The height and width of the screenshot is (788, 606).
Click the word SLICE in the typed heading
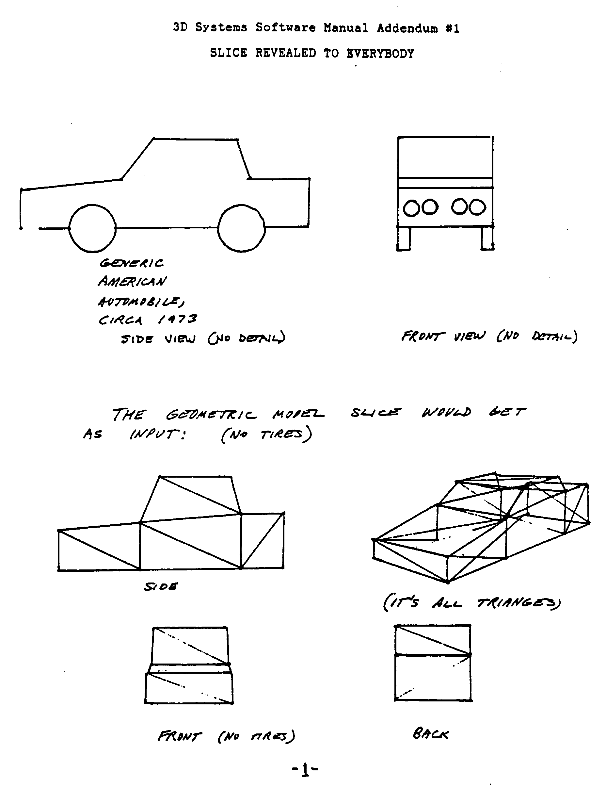click(x=228, y=53)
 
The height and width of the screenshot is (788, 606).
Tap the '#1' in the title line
click(x=452, y=28)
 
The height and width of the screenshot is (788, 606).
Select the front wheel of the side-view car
click(x=92, y=228)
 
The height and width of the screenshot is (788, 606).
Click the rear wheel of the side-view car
click(x=242, y=228)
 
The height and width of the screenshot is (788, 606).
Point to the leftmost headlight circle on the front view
click(x=411, y=208)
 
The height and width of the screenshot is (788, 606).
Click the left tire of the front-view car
click(x=403, y=238)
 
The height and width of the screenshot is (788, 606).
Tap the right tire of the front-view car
click(x=487, y=238)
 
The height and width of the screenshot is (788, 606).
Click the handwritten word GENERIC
click(x=132, y=263)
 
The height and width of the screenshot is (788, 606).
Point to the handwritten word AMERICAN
click(x=132, y=281)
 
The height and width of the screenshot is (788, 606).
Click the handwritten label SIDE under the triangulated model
click(x=161, y=587)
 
